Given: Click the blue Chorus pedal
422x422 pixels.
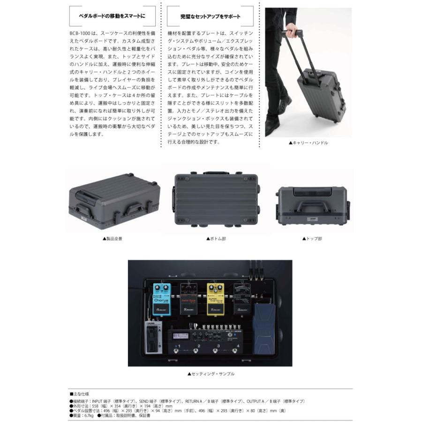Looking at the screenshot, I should (161, 299).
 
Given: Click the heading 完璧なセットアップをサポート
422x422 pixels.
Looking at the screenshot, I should (211, 16).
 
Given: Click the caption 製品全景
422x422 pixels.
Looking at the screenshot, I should (114, 239).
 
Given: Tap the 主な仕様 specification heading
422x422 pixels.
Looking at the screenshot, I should (82, 394).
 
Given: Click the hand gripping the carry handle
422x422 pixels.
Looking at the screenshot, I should (290, 32).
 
